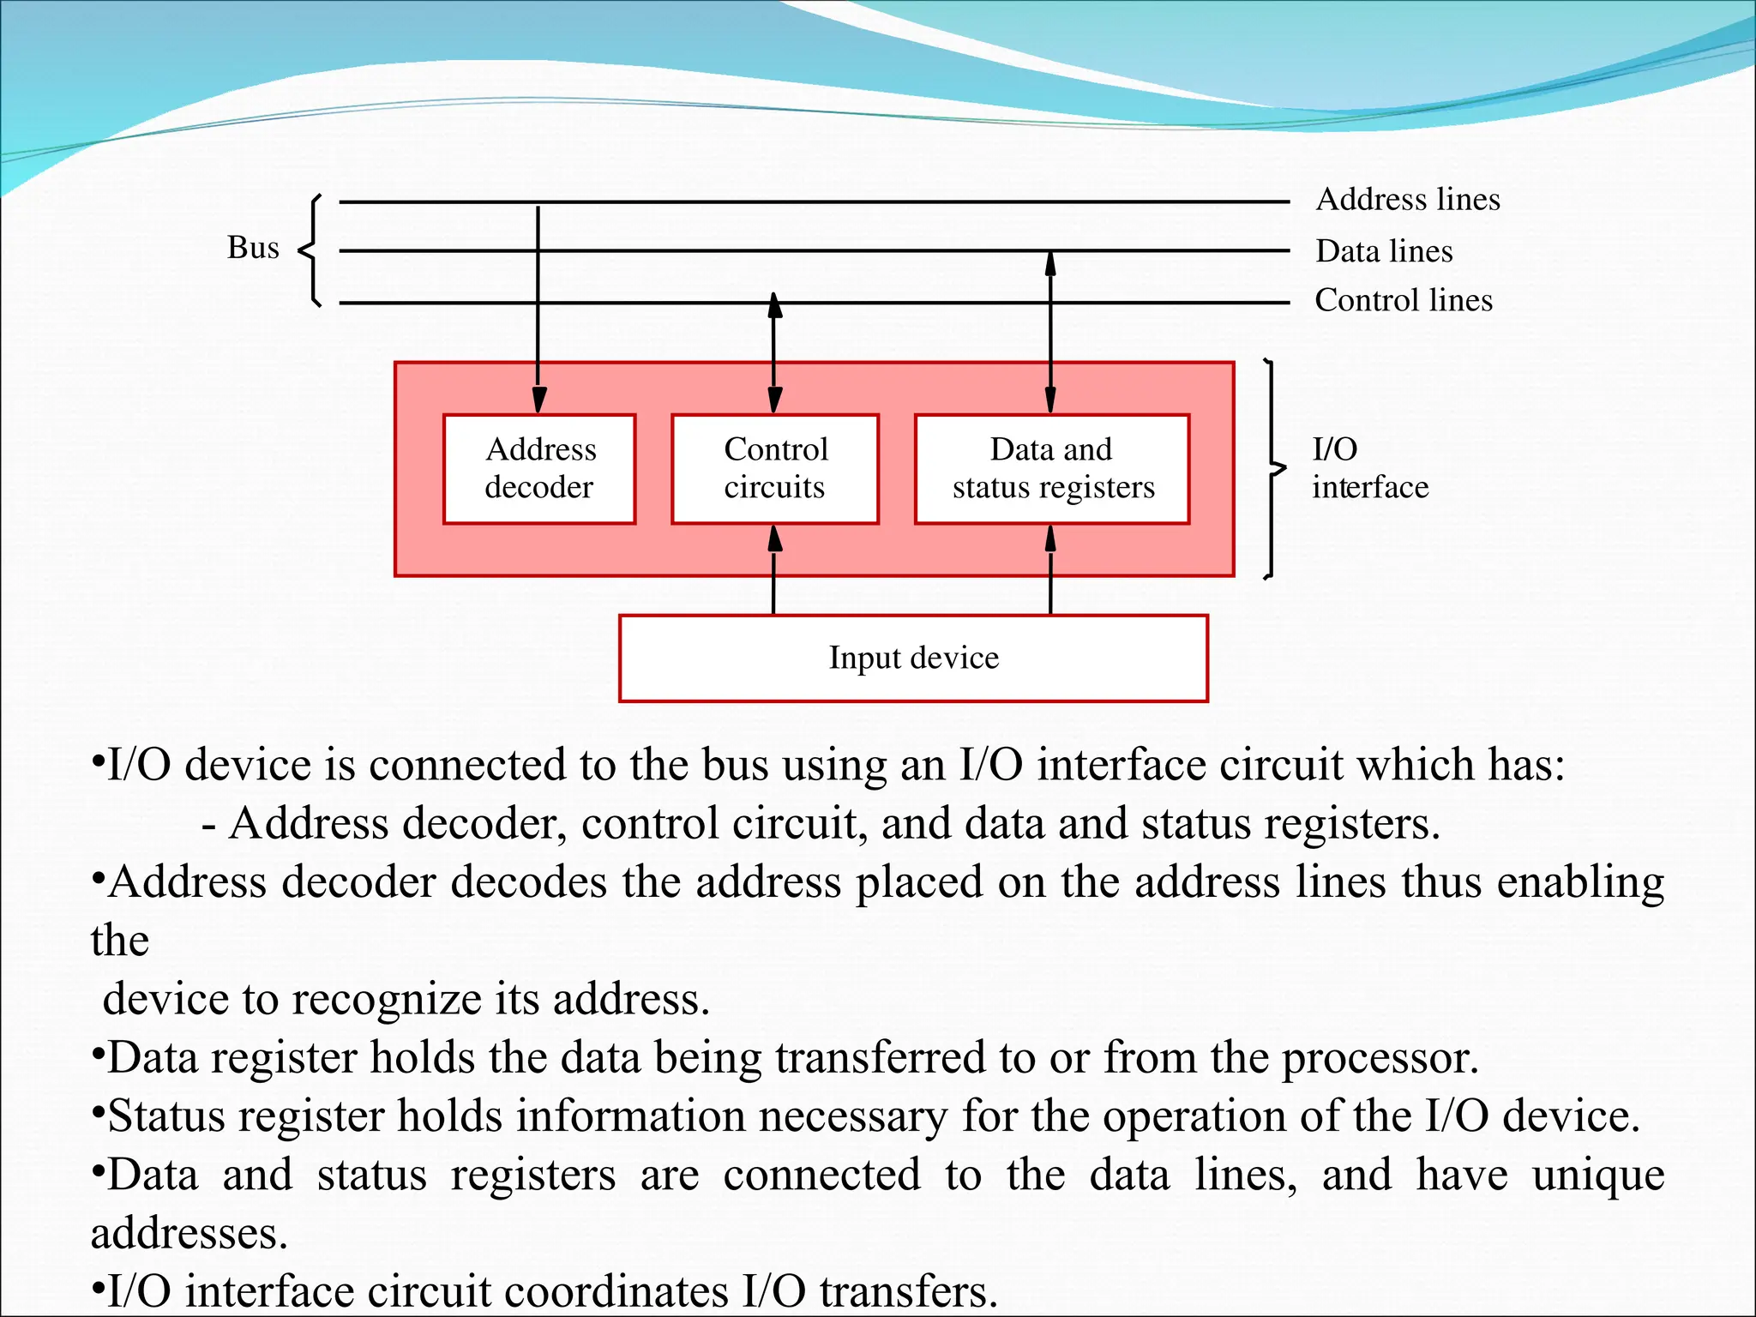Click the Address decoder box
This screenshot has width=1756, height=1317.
pos(539,469)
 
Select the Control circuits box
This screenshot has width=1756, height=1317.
pos(775,469)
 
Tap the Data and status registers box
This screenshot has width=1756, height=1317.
pos(1052,469)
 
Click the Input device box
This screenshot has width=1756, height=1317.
pos(913,658)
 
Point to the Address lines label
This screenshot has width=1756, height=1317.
pos(1408,200)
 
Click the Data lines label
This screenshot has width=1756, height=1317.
pos(1384,251)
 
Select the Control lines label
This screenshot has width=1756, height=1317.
pos(1404,300)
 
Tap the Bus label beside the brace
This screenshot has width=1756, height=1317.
pos(253,248)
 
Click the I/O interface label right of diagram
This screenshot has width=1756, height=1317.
pos(1369,468)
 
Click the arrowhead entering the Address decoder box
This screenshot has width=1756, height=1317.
pos(538,401)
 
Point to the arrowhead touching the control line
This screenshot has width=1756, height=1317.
pos(775,305)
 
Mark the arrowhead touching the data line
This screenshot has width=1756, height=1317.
pos(1050,262)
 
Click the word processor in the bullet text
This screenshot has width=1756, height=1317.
pos(1380,1058)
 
